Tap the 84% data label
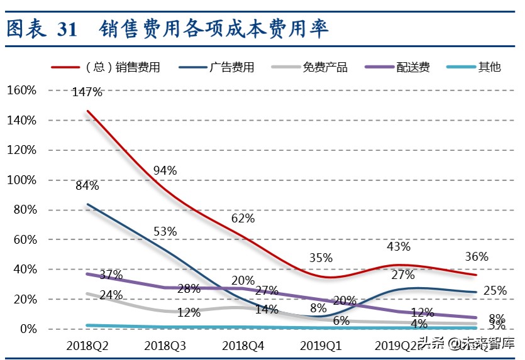(x=87, y=185)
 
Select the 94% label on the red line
(x=165, y=170)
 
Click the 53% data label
(x=165, y=231)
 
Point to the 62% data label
(x=243, y=218)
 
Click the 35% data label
(x=321, y=258)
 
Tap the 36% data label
(x=477, y=256)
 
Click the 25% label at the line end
(x=495, y=291)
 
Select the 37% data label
(x=111, y=275)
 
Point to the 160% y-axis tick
(x=22, y=90)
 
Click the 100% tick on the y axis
(x=22, y=180)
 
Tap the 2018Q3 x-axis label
(x=165, y=346)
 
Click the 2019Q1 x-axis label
(x=321, y=346)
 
